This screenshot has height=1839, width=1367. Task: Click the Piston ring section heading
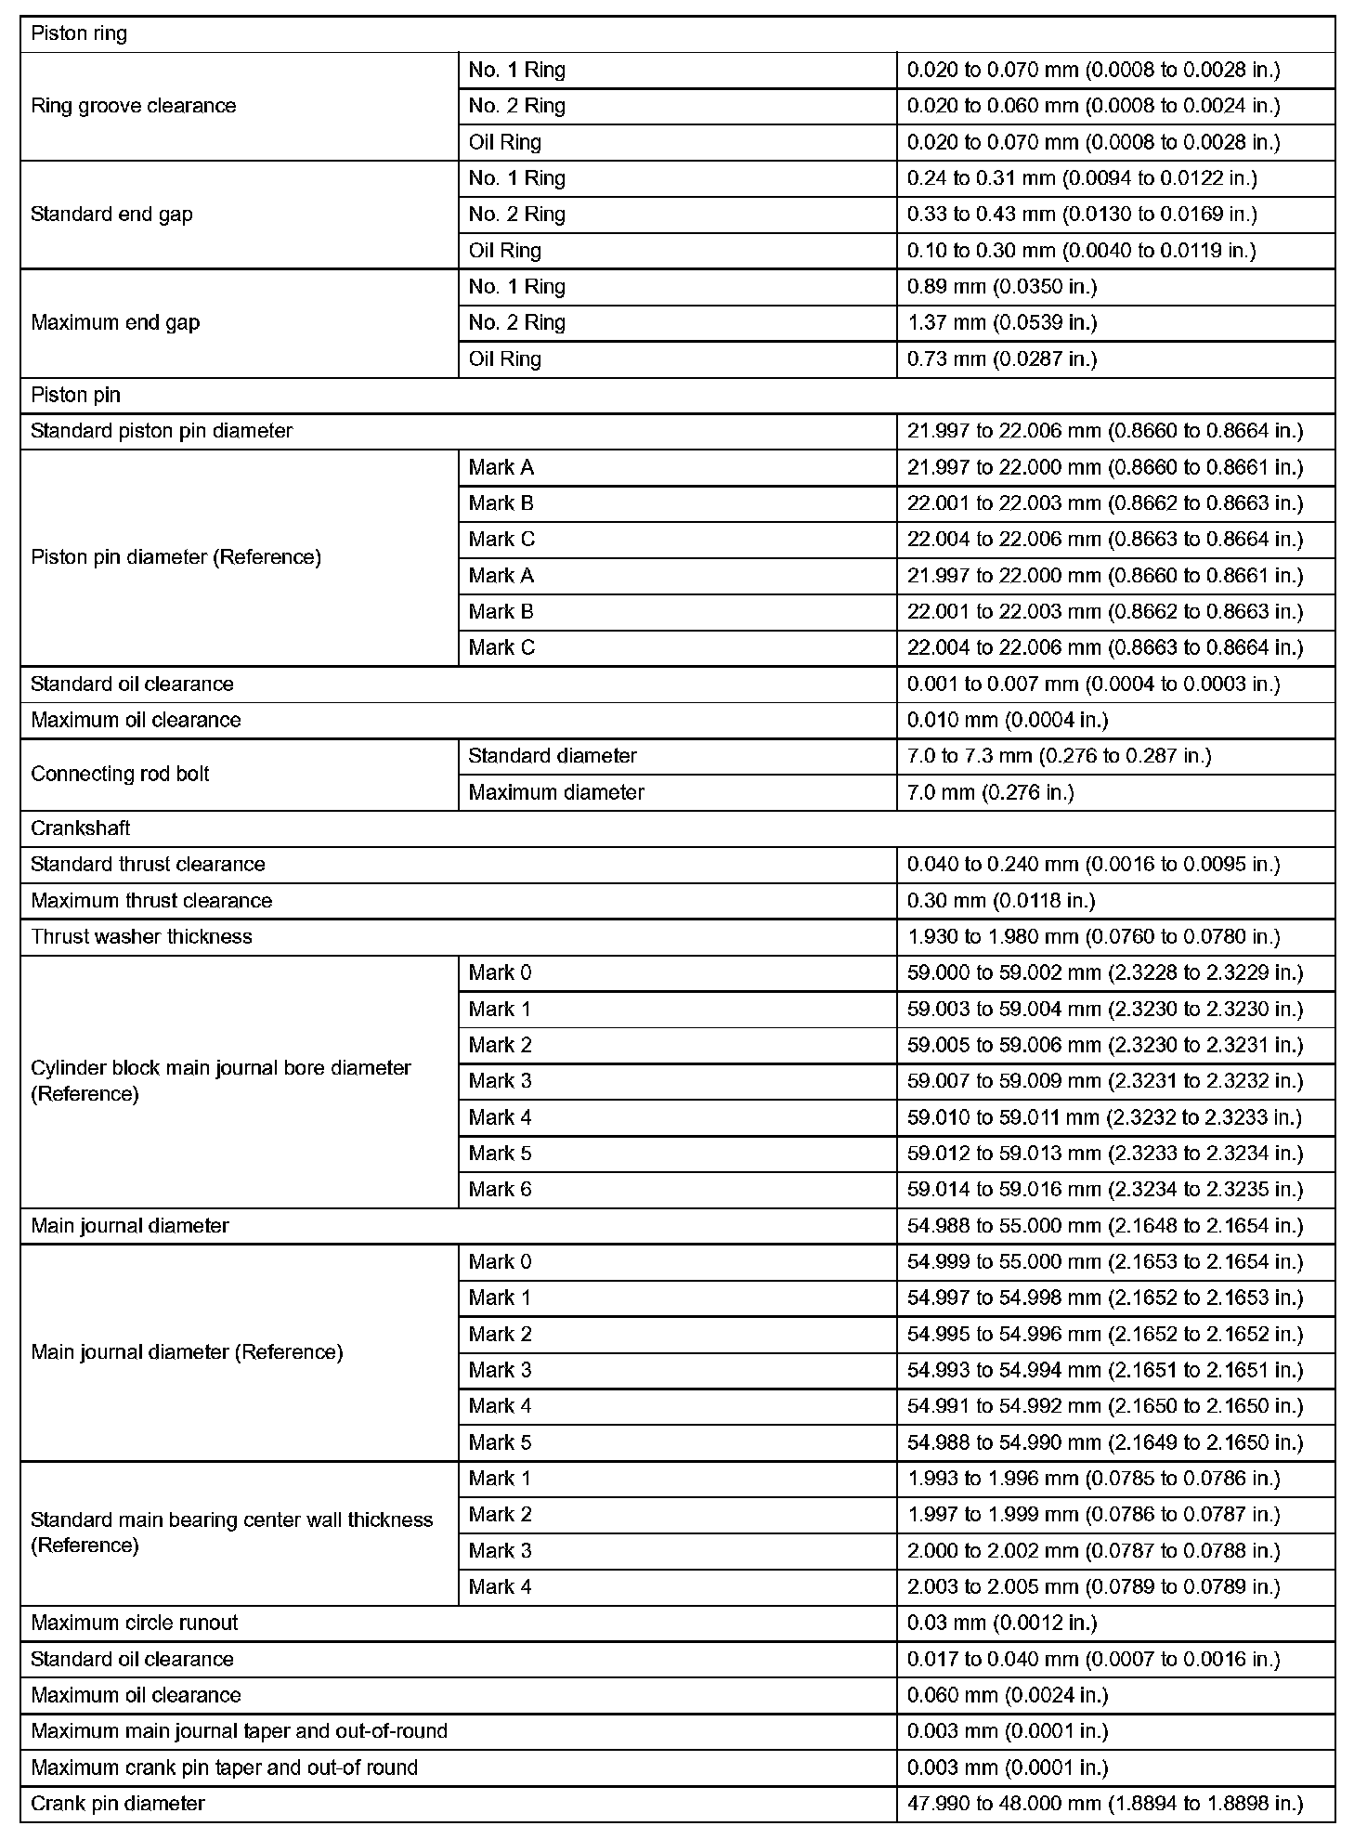[x=79, y=34]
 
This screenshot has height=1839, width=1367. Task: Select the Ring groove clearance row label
[x=134, y=106]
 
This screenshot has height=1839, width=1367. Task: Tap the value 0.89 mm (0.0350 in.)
[x=1001, y=287]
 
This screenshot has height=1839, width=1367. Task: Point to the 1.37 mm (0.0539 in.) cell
[x=1001, y=323]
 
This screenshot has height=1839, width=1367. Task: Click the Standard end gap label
[x=111, y=215]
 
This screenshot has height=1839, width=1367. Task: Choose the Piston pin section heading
[x=75, y=396]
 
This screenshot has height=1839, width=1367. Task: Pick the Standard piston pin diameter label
[x=162, y=432]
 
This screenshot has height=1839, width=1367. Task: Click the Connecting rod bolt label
[x=120, y=775]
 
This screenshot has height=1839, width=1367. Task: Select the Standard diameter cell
[x=553, y=756]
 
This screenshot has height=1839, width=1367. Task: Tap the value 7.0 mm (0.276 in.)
[x=990, y=792]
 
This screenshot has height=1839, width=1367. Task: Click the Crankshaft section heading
[x=81, y=828]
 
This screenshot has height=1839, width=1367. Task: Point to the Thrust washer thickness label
[x=141, y=937]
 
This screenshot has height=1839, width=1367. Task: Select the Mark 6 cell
[x=500, y=1190]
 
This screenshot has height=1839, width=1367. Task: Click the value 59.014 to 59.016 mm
[x=1105, y=1190]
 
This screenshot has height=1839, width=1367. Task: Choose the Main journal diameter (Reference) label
[x=187, y=1352]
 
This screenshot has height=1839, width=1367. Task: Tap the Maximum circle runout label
[x=134, y=1623]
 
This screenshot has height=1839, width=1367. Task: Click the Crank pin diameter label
[x=118, y=1804]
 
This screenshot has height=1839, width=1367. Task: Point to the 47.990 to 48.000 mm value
[x=1105, y=1804]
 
